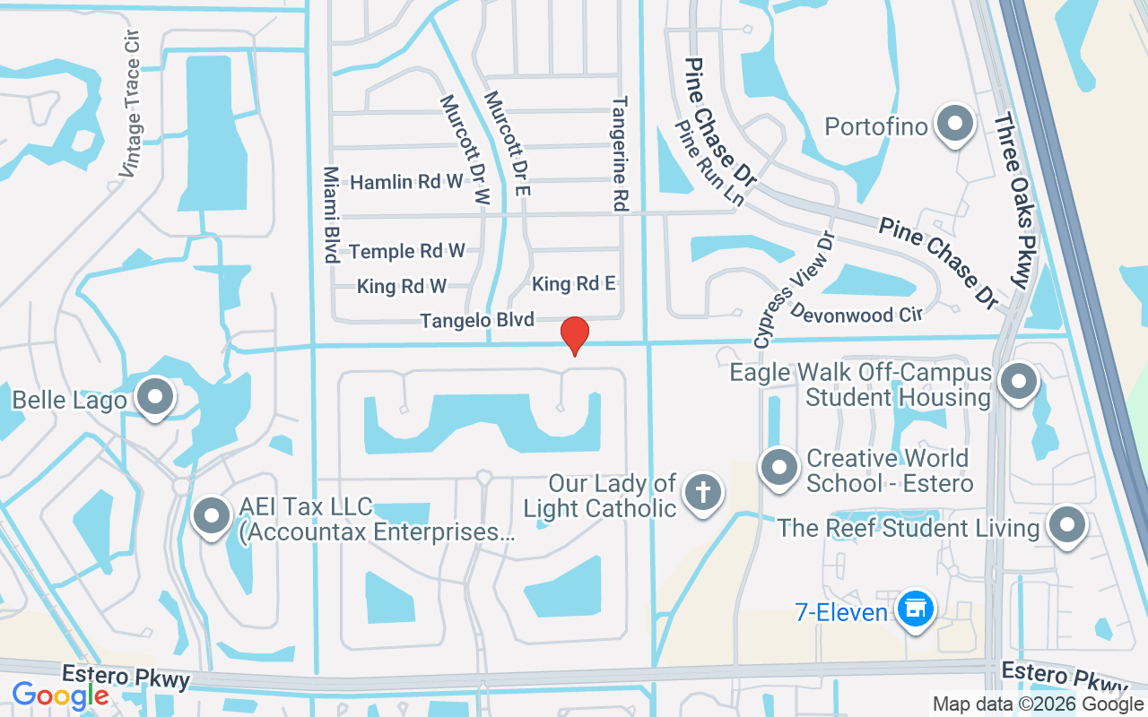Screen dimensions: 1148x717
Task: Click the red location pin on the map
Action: coord(575,335)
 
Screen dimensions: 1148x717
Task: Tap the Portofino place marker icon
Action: coord(955,125)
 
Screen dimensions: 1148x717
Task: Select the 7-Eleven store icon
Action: coord(915,610)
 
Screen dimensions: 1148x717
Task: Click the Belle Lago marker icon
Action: coord(156,397)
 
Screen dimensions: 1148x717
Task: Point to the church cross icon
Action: coord(702,493)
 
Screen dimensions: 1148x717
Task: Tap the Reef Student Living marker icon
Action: coord(1067,526)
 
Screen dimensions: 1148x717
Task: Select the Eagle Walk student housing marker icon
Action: coord(1018,383)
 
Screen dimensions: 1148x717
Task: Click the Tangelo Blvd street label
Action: coord(477,320)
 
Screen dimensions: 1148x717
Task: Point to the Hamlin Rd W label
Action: coord(406,182)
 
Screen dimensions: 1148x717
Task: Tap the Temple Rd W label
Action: coord(407,251)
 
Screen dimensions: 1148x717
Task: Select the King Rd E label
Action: coord(574,284)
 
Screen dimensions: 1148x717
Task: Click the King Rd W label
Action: coord(402,287)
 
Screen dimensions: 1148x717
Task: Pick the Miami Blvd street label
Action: coord(330,214)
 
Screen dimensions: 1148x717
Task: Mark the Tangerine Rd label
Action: coord(619,154)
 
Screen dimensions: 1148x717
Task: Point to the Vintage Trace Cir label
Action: coord(132,105)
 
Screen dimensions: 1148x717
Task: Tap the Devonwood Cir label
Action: coord(857,314)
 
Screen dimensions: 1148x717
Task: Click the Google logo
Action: coord(60,695)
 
